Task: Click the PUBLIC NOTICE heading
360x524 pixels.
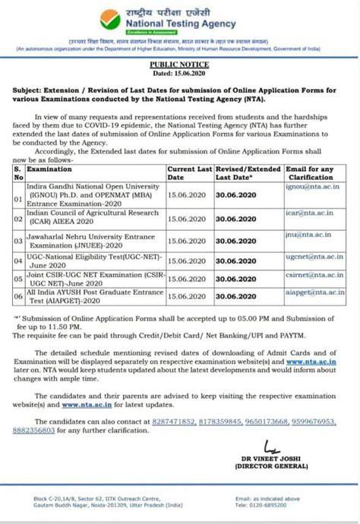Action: pyautogui.click(x=180, y=67)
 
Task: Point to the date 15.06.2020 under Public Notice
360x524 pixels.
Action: pyautogui.click(x=180, y=74)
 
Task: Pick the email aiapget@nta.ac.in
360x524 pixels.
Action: pyautogui.click(x=317, y=292)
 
